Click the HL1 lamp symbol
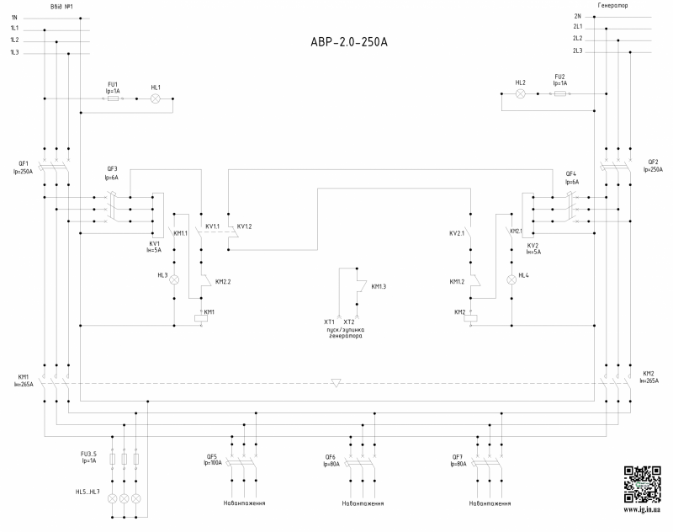(x=155, y=98)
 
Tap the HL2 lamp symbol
(x=520, y=94)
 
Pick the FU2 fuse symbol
(x=560, y=94)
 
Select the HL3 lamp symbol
(x=175, y=278)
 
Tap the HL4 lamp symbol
(x=510, y=278)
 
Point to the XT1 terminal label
(x=329, y=322)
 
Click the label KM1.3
(x=379, y=286)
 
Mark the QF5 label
(x=211, y=456)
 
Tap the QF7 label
(x=458, y=456)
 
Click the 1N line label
(x=14, y=16)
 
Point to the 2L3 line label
(x=578, y=51)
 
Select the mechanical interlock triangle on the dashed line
(x=336, y=383)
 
